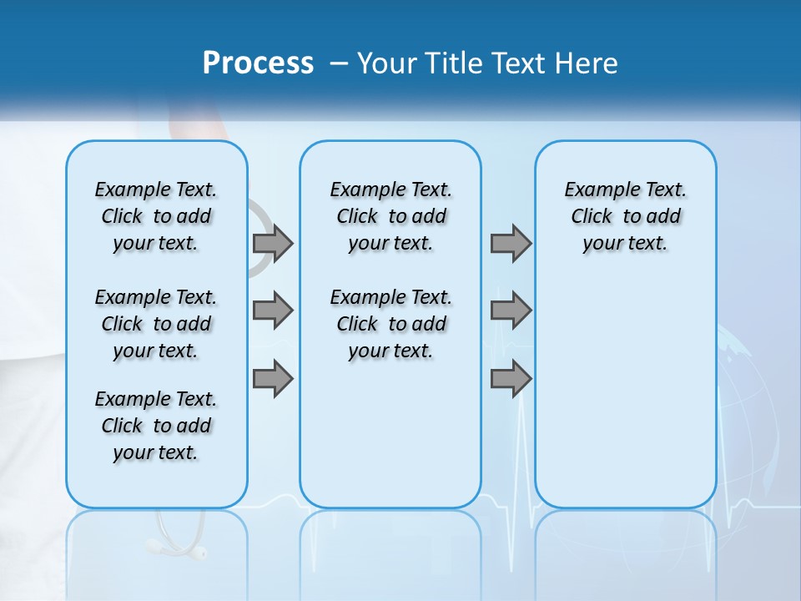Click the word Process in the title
258,63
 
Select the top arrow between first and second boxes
273,243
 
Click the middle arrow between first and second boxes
273,311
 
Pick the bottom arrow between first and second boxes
273,378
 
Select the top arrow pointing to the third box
511,243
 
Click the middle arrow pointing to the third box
511,311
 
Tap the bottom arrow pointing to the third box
511,378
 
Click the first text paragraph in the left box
156,216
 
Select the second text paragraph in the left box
156,324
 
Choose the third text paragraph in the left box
156,426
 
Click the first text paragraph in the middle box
390,216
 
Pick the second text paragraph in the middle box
390,324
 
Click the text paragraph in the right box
625,216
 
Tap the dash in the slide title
339,64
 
